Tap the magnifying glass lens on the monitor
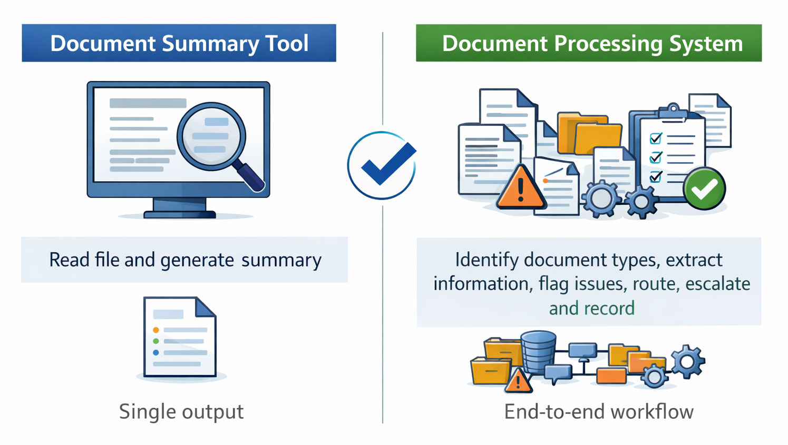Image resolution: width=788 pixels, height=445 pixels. pyautogui.click(x=211, y=136)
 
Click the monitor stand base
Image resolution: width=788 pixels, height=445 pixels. pyautogui.click(x=180, y=214)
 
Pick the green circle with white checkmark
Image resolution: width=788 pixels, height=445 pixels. pyautogui.click(x=704, y=189)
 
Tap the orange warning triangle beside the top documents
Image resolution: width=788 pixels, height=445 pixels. pyautogui.click(x=521, y=189)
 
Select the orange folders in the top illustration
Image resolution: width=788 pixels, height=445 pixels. pyautogui.click(x=589, y=134)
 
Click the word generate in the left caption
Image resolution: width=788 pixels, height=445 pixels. pyautogui.click(x=197, y=260)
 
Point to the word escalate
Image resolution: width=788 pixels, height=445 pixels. pyautogui.click(x=717, y=284)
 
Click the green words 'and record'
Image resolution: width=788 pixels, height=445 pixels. pyautogui.click(x=591, y=308)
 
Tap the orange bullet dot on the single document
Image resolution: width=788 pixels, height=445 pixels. pyautogui.click(x=156, y=330)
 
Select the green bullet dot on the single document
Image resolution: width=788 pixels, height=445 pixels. pyautogui.click(x=156, y=341)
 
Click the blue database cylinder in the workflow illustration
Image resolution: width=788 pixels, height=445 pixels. pyautogui.click(x=538, y=351)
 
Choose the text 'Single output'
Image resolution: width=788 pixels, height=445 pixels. pyautogui.click(x=181, y=412)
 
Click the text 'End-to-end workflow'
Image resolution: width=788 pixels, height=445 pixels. pyautogui.click(x=599, y=412)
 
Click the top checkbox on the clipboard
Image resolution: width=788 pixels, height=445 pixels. pyautogui.click(x=656, y=139)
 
